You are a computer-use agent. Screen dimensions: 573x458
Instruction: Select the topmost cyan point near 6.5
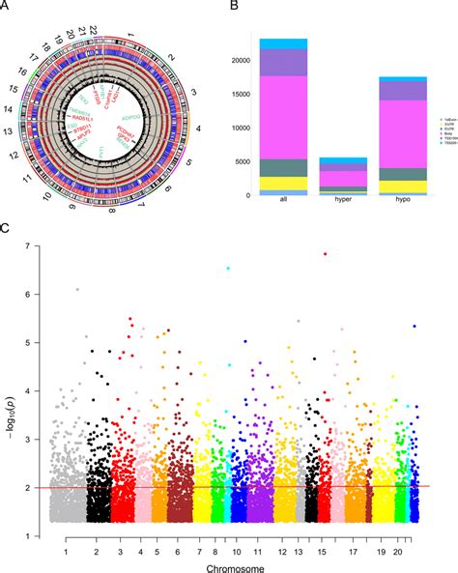228,269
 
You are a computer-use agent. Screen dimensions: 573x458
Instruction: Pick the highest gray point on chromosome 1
77,289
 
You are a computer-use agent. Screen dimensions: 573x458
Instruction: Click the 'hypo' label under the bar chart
388,208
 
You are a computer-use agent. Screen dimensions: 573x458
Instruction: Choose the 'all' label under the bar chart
277,208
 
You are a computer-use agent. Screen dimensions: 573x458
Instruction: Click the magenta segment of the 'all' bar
277,116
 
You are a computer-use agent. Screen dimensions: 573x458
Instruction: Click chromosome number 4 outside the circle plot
199,128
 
